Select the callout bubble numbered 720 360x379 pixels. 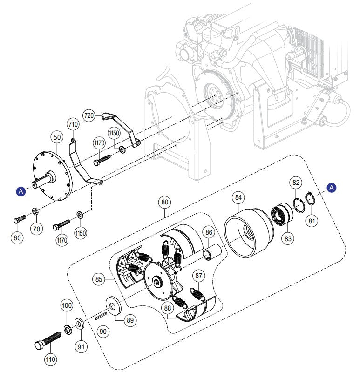[90, 115]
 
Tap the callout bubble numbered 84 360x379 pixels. [238, 197]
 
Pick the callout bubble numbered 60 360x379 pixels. [17, 238]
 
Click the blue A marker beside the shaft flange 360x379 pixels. [20, 191]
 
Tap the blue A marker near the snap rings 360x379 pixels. [331, 187]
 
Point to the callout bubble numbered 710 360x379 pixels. [73, 124]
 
